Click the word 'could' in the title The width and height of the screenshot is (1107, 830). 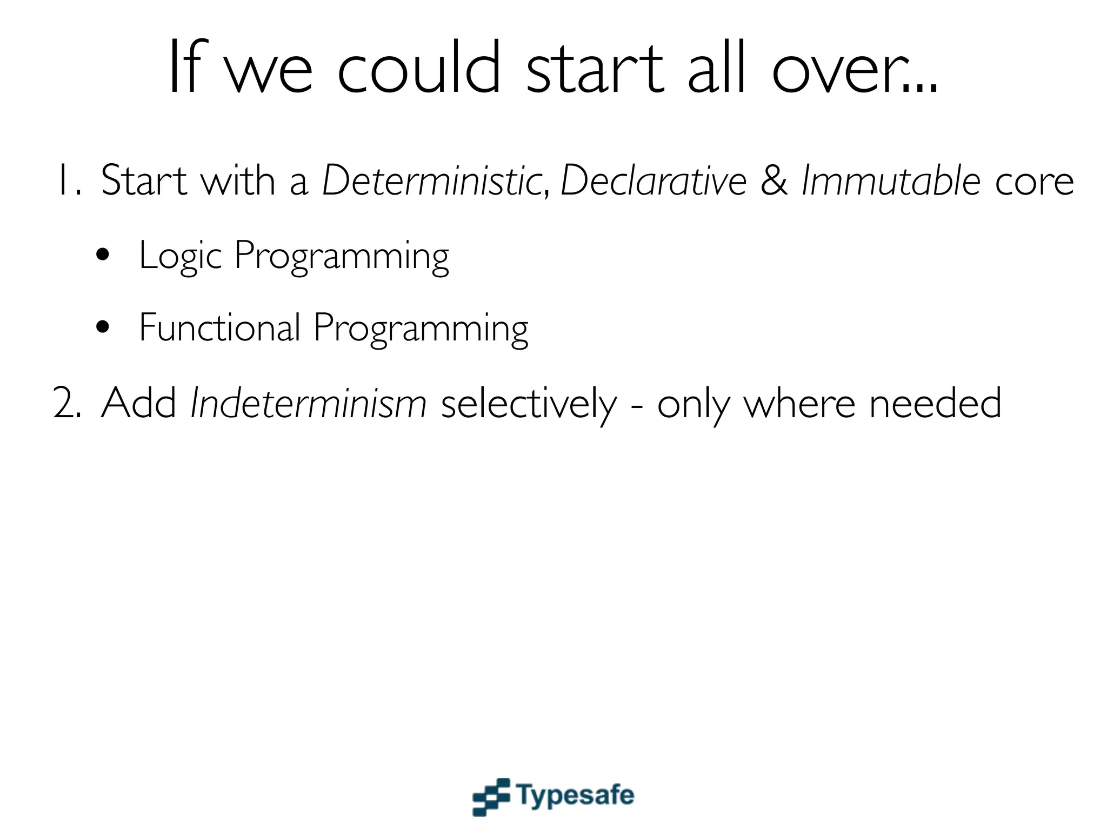[419, 69]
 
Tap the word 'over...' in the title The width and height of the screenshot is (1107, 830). [855, 69]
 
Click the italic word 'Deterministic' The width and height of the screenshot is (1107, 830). [432, 180]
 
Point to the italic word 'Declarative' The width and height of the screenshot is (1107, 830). [653, 180]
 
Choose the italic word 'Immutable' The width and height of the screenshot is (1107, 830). [891, 180]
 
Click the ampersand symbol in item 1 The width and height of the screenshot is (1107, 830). [774, 180]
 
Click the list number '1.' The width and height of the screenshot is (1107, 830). [69, 180]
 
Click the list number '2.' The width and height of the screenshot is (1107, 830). [67, 403]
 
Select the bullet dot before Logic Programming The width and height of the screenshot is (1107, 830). [103, 255]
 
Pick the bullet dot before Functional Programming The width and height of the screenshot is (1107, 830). [103, 327]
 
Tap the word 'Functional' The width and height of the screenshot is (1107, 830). [219, 327]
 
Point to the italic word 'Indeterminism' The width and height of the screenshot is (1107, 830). [309, 403]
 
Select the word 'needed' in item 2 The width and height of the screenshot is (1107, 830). [935, 403]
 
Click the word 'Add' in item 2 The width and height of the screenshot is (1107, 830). [139, 403]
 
